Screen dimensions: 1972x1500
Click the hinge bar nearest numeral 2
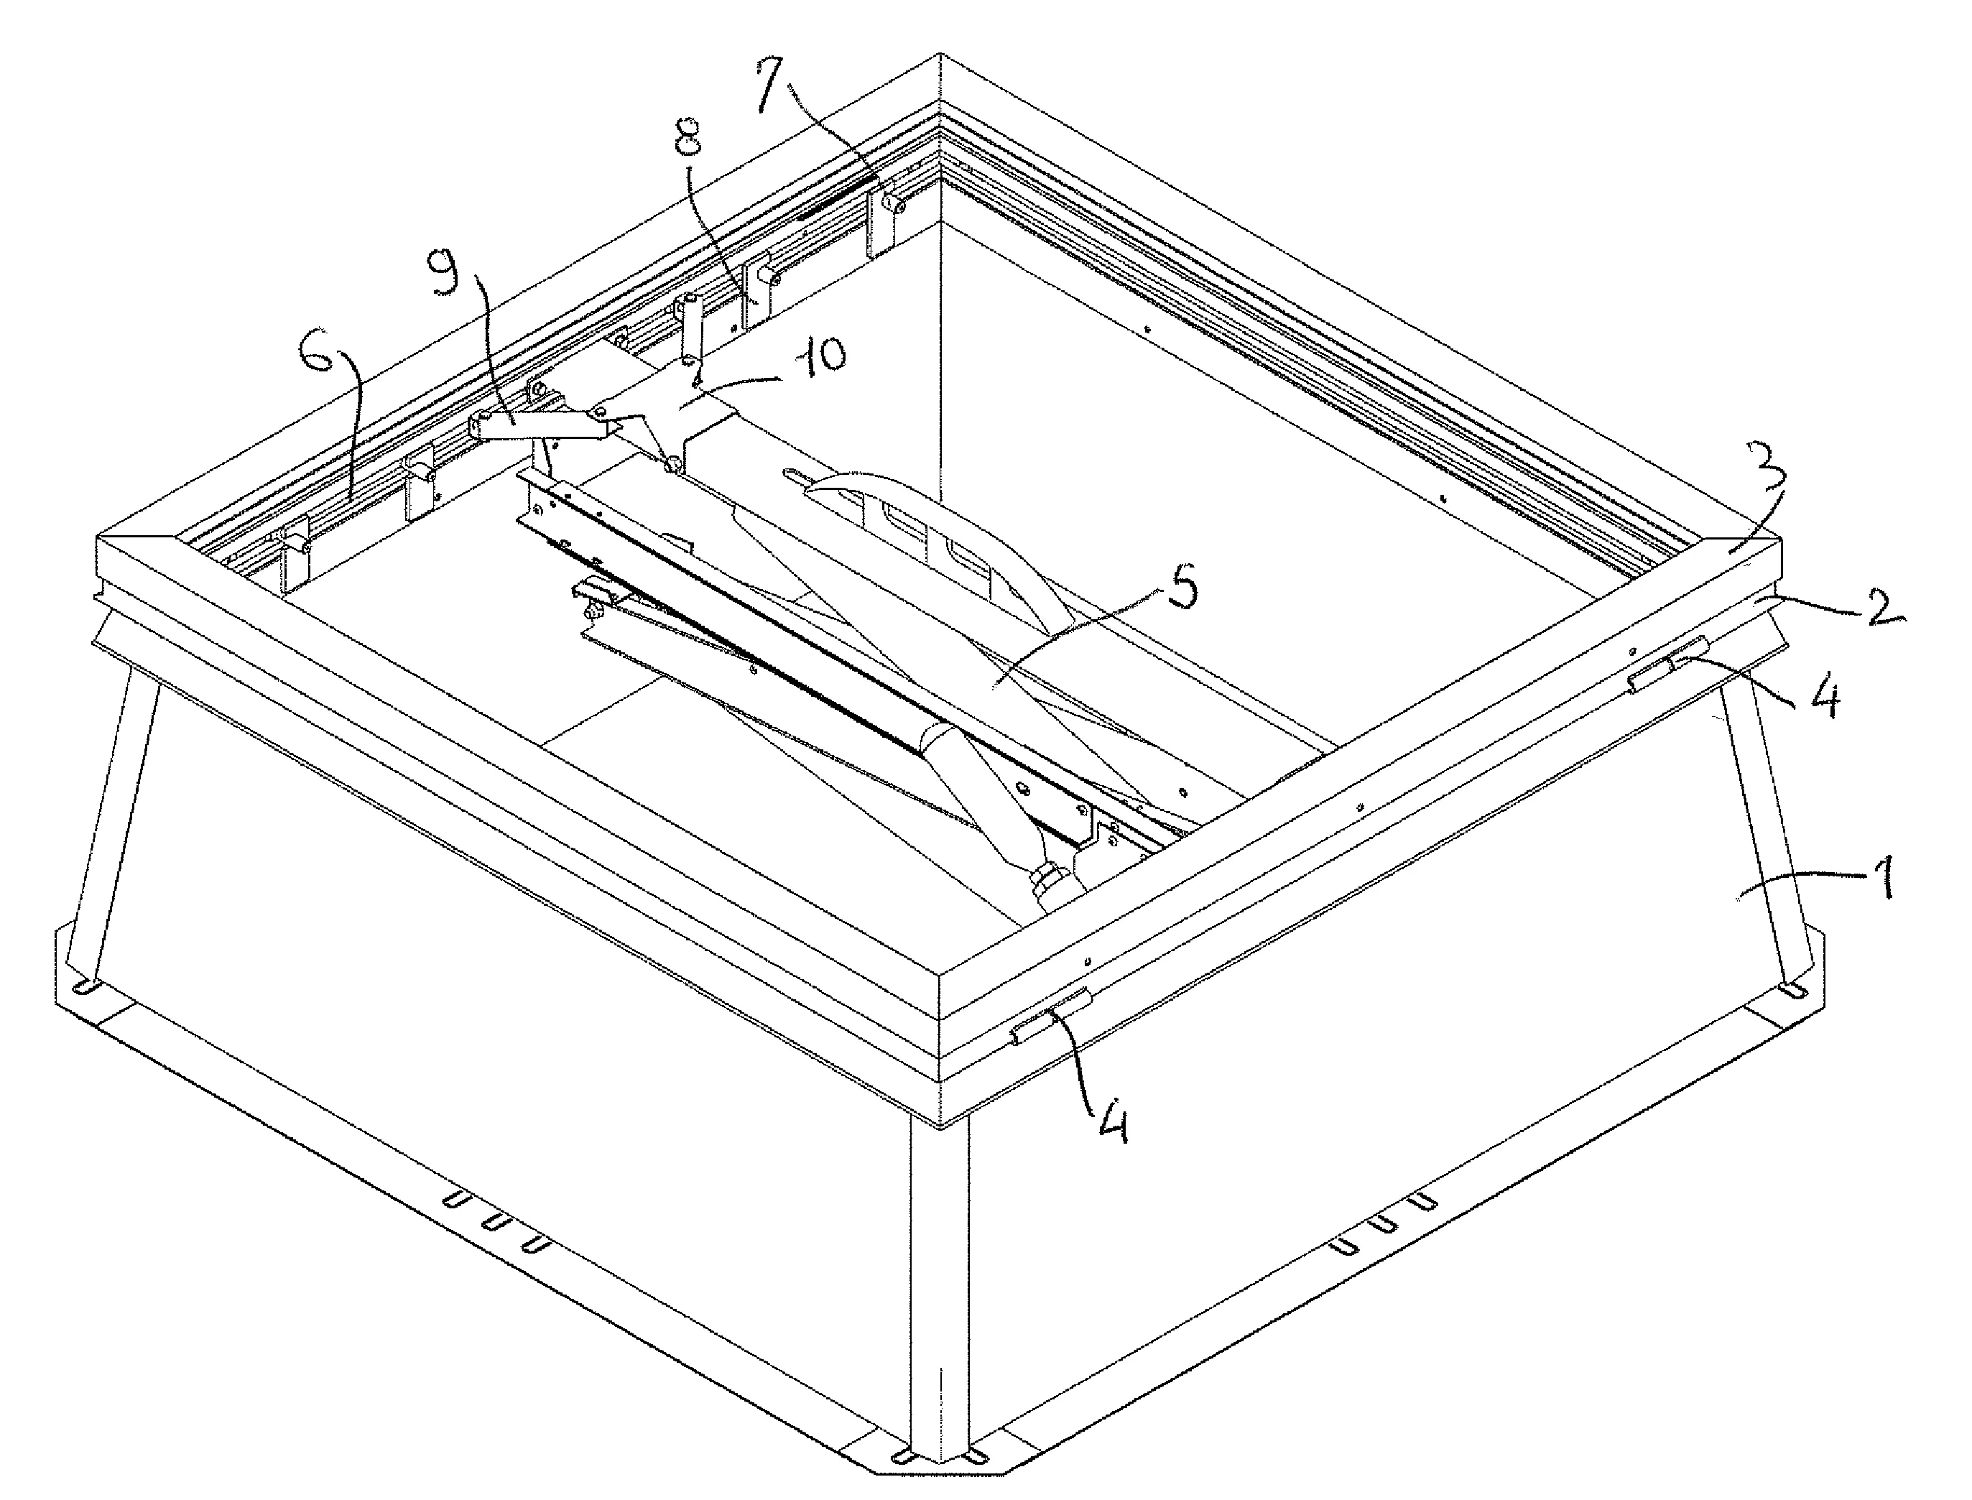(x=1667, y=665)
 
